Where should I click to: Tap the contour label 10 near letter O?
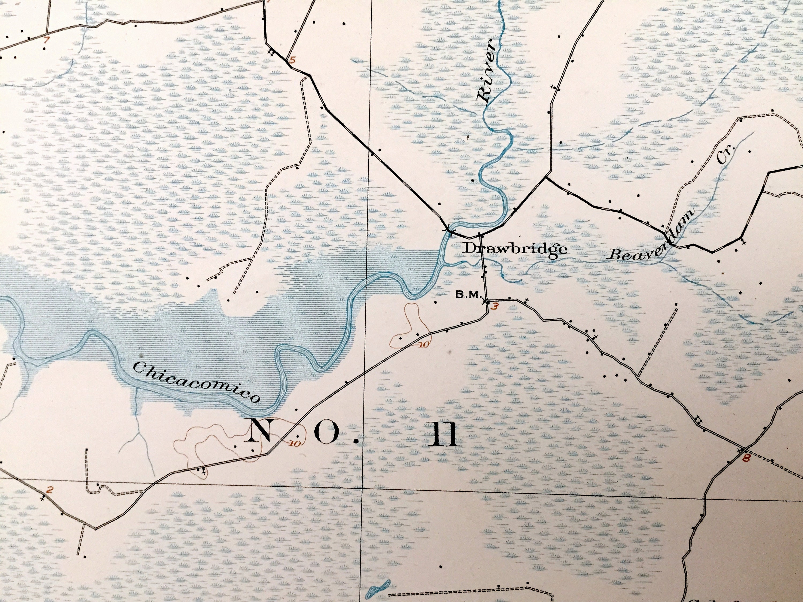295,443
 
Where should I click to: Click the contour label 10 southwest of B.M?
423,344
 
